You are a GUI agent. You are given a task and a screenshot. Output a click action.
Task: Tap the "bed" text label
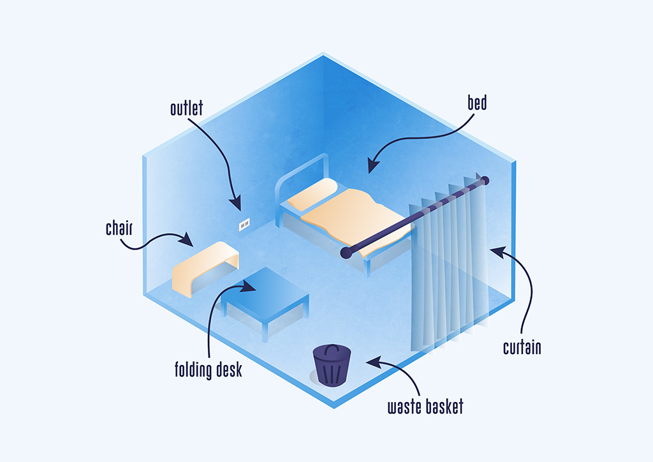[477, 102]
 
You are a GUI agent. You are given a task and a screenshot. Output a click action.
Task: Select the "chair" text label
[119, 228]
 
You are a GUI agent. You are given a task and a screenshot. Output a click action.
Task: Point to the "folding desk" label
[209, 369]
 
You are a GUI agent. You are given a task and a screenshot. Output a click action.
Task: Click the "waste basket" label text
[425, 406]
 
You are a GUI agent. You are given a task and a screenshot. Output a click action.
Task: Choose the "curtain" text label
[522, 348]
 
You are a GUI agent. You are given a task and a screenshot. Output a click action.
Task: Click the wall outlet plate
[244, 225]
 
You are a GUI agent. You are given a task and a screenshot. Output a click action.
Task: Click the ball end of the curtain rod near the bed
[346, 253]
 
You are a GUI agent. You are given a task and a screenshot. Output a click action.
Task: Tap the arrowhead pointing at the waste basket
[370, 361]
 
